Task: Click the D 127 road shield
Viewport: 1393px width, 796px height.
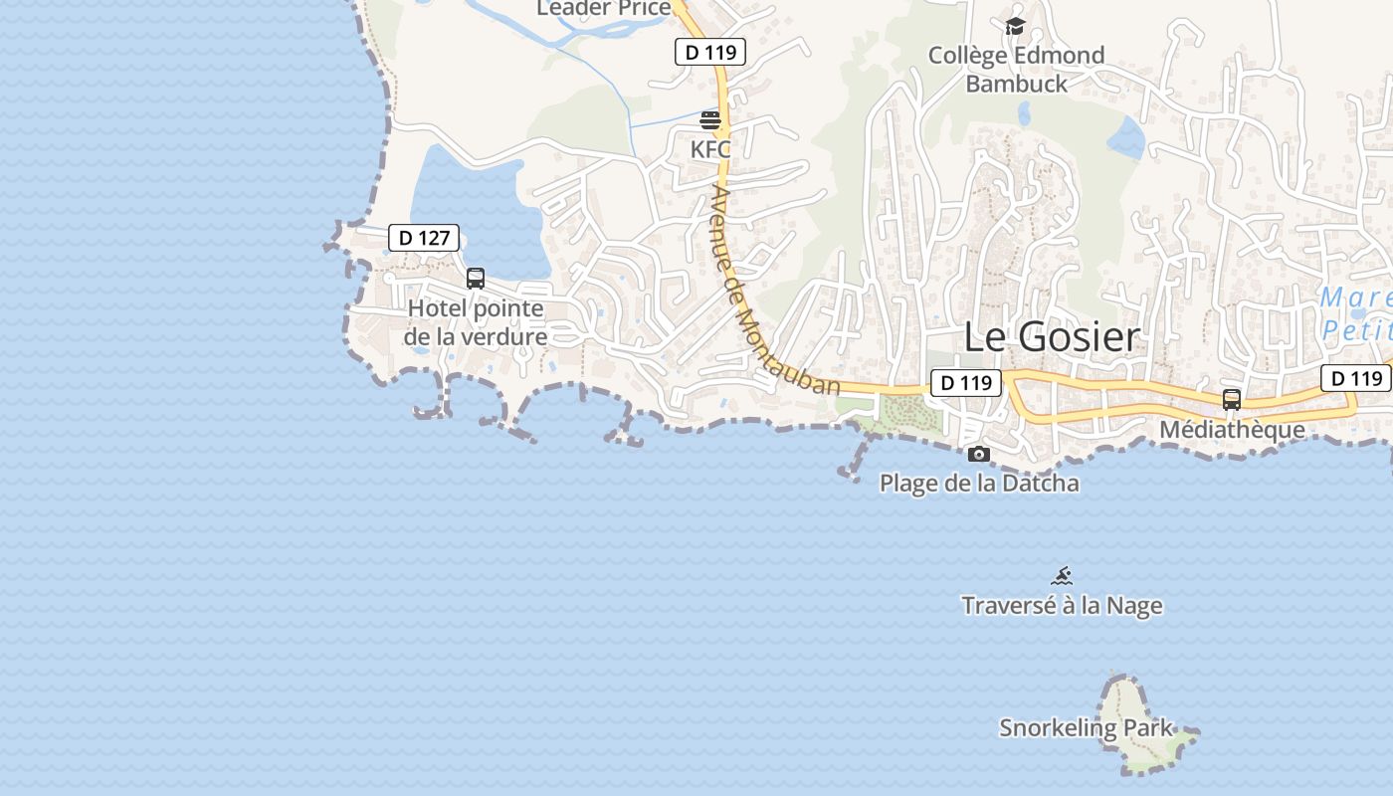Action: point(423,238)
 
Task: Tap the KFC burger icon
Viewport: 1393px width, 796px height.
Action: point(710,120)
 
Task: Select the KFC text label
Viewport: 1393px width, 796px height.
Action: point(710,149)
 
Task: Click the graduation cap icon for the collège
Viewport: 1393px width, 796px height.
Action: point(1015,27)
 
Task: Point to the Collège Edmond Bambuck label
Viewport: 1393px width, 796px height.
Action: point(1016,70)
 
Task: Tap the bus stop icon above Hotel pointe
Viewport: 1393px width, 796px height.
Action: point(476,279)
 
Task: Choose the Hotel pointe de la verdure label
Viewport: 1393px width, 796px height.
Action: point(477,322)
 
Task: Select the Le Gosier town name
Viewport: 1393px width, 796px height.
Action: point(1051,337)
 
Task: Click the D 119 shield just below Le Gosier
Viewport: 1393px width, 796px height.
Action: point(965,382)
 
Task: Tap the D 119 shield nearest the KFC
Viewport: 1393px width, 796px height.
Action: point(709,52)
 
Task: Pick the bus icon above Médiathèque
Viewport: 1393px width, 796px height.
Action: point(1232,400)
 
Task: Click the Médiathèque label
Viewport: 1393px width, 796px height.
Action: point(1232,430)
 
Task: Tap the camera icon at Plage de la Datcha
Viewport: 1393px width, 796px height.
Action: point(979,455)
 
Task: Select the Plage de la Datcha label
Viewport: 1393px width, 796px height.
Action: point(979,485)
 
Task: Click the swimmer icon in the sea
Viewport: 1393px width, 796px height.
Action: point(1063,576)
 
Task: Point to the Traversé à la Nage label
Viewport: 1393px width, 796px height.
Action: point(1062,605)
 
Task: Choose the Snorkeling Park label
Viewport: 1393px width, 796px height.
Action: point(1087,727)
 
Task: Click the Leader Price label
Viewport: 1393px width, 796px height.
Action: point(603,9)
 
